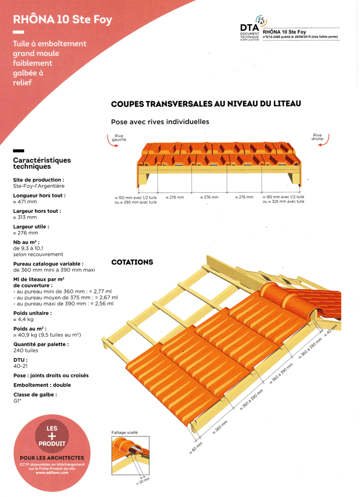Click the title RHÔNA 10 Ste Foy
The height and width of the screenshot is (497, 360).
click(63, 20)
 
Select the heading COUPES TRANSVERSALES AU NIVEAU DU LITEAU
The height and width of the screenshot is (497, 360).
click(206, 103)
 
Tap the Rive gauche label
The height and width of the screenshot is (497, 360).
click(119, 137)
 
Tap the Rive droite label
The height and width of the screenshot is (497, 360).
click(317, 137)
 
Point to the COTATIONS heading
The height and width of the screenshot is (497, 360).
click(132, 262)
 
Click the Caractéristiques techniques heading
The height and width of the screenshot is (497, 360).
click(42, 163)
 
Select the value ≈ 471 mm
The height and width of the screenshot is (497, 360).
click(25, 201)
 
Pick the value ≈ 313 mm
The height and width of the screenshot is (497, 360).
click(25, 217)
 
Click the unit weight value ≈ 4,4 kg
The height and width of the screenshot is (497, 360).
click(24, 319)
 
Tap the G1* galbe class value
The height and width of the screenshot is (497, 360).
click(17, 401)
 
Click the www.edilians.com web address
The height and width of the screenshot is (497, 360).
click(52, 472)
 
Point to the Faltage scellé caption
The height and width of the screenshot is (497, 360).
click(124, 432)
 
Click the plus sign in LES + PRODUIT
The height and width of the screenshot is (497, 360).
click(52, 436)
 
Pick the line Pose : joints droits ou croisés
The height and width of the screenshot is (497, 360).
click(51, 375)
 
